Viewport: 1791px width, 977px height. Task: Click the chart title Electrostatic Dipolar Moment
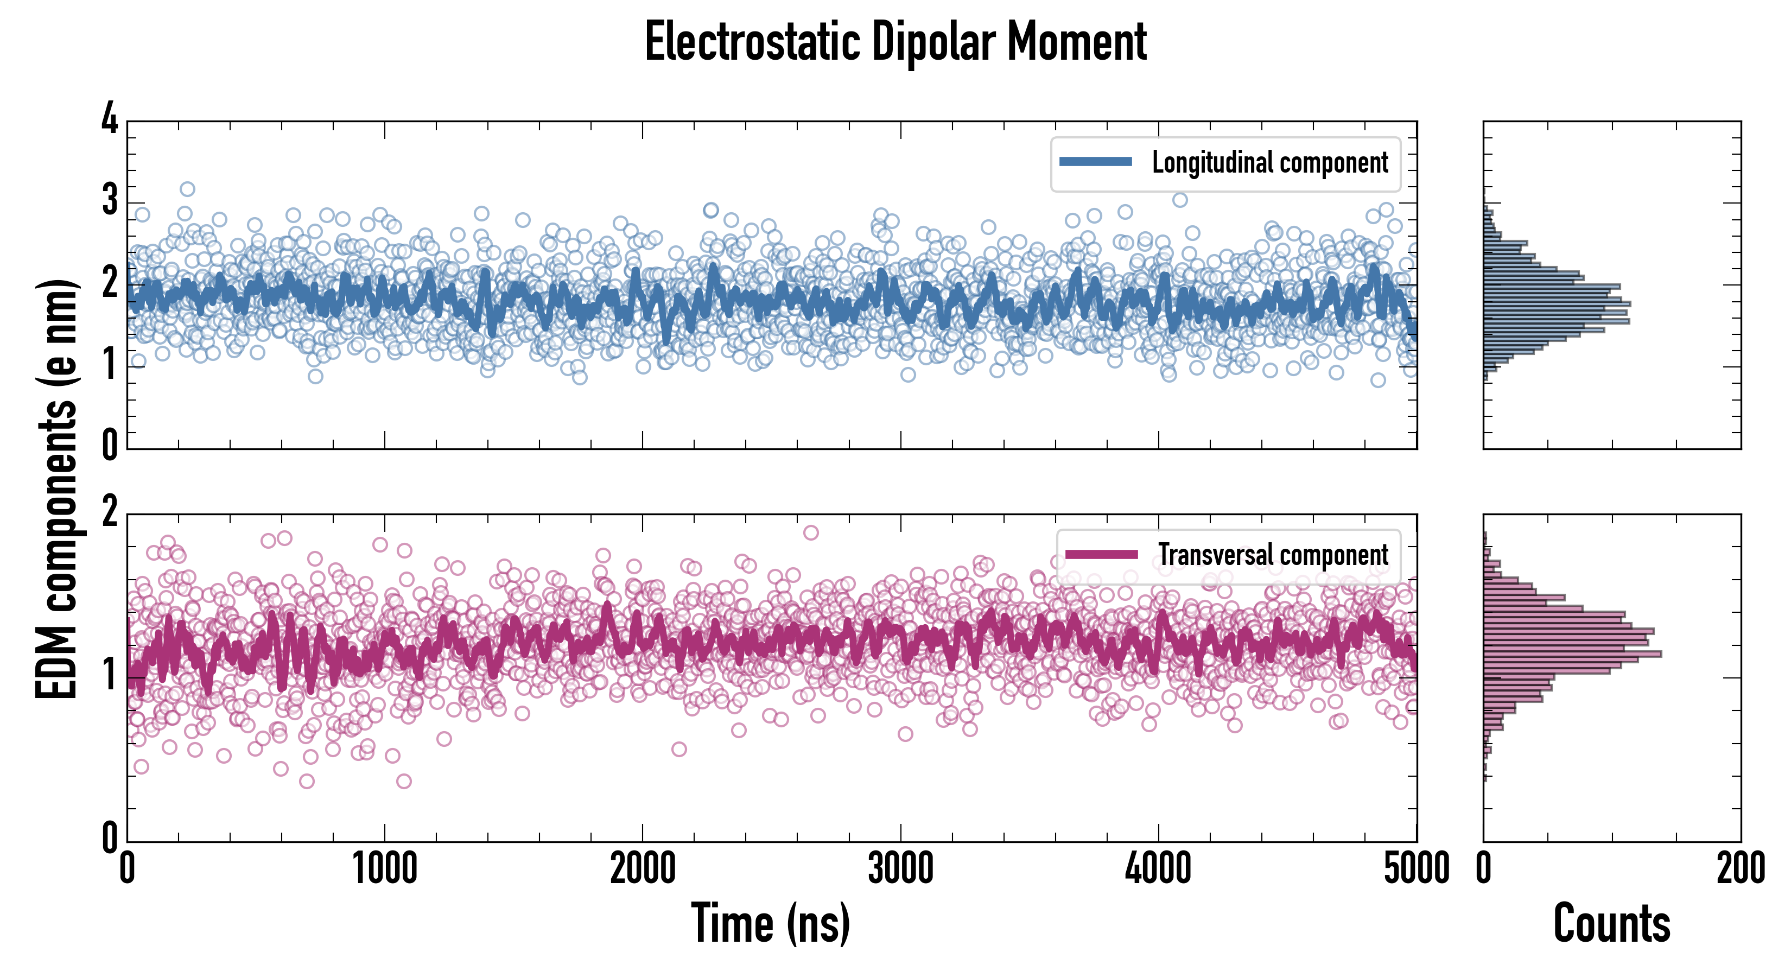(895, 42)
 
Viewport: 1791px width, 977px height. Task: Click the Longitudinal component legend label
(1269, 163)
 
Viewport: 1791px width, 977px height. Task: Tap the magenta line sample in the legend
(1101, 554)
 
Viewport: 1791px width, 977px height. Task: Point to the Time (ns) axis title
(770, 923)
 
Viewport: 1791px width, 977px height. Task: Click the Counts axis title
(1611, 923)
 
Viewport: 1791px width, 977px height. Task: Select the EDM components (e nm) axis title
(57, 489)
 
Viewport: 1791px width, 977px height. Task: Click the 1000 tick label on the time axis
(384, 868)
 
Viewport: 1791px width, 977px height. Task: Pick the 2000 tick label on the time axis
(643, 868)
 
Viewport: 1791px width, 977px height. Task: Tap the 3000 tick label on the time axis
(900, 868)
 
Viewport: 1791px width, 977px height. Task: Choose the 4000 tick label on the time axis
(1158, 868)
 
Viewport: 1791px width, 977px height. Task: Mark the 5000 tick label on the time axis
(1417, 868)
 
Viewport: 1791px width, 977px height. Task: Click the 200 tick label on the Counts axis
(1740, 868)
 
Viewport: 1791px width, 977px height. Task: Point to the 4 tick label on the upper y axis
(110, 118)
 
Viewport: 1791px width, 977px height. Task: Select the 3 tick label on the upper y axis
(110, 200)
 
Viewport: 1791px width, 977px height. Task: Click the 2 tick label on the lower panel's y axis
(110, 512)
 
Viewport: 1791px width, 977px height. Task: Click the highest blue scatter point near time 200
(187, 189)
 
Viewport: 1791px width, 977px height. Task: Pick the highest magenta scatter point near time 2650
(811, 532)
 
